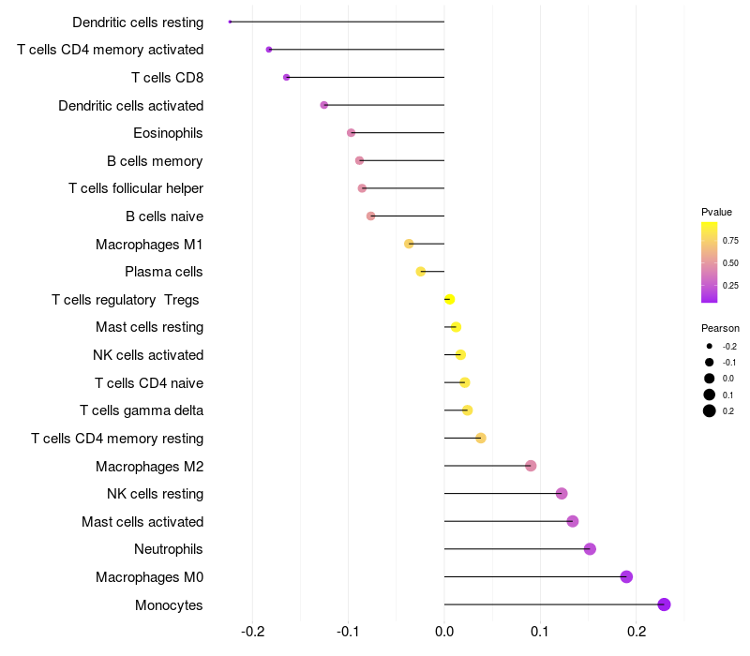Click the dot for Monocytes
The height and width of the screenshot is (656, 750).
pyautogui.click(x=664, y=604)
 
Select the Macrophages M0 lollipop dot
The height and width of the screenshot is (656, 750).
pyautogui.click(x=626, y=576)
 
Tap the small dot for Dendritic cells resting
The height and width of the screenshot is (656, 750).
pyautogui.click(x=230, y=22)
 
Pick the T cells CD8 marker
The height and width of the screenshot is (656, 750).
pyautogui.click(x=286, y=77)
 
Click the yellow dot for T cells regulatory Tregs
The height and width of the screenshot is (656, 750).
pyautogui.click(x=449, y=299)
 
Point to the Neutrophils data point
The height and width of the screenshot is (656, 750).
pyautogui.click(x=590, y=549)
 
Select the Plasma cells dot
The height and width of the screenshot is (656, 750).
pyautogui.click(x=420, y=272)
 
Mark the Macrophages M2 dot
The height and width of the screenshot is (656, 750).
pyautogui.click(x=531, y=466)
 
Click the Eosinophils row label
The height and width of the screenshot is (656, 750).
pyautogui.click(x=168, y=133)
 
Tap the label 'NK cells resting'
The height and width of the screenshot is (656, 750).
pyautogui.click(x=155, y=494)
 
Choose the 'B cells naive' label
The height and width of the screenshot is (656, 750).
pyautogui.click(x=165, y=216)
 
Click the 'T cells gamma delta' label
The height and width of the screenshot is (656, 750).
pyautogui.click(x=142, y=410)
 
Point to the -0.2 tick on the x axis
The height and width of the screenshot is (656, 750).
pyautogui.click(x=252, y=632)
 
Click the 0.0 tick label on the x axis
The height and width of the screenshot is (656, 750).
pyautogui.click(x=444, y=632)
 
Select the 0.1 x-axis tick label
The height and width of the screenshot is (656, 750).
pyautogui.click(x=540, y=632)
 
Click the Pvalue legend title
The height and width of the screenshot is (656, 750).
pyautogui.click(x=716, y=212)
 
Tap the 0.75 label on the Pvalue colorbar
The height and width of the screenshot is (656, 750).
pyautogui.click(x=730, y=241)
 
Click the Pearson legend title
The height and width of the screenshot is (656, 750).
pyautogui.click(x=720, y=328)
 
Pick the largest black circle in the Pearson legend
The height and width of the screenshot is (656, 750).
pyautogui.click(x=710, y=410)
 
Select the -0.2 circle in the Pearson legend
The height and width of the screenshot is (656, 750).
pyautogui.click(x=710, y=346)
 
